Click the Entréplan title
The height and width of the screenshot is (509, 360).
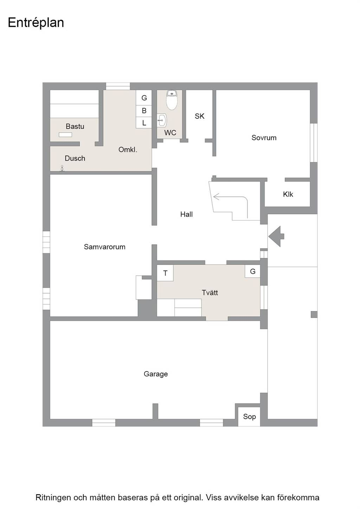(36, 23)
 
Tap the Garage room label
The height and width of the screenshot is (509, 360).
(156, 374)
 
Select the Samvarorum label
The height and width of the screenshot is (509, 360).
(104, 247)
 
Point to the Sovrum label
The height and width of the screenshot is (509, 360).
(264, 138)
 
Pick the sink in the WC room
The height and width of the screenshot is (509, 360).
(162, 120)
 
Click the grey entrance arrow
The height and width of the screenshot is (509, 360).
(276, 236)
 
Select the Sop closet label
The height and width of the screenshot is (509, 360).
(249, 417)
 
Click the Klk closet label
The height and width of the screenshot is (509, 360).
(288, 194)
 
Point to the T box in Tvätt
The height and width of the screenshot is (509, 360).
(165, 273)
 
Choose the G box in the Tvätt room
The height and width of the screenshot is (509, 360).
(252, 271)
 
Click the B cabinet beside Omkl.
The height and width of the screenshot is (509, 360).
(144, 111)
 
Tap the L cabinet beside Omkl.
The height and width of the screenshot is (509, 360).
(144, 123)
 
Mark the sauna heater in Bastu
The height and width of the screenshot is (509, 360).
(65, 135)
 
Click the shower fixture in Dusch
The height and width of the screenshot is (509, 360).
(62, 168)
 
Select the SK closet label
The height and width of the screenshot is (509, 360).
(200, 116)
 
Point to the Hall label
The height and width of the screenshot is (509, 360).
(186, 214)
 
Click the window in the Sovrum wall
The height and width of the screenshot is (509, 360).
(314, 143)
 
